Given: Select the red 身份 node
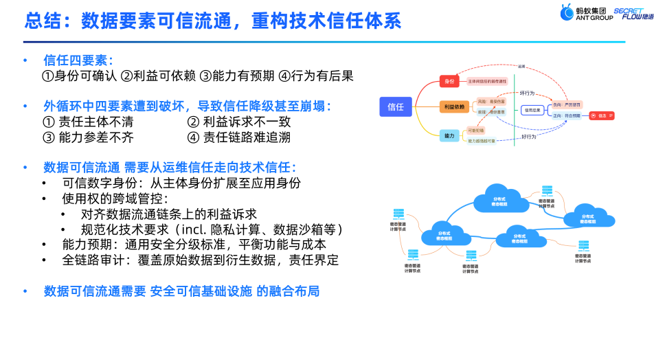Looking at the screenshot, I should click(450, 82).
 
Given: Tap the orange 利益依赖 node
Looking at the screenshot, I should click(453, 106).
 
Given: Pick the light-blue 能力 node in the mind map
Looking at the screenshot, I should click(450, 136).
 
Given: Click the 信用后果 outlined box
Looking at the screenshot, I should click(533, 110).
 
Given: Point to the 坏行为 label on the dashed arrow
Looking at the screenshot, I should click(528, 92).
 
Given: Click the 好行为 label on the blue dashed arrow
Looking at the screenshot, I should click(528, 137).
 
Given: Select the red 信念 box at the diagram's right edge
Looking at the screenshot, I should click(601, 115).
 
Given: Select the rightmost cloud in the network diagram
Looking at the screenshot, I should click(587, 214).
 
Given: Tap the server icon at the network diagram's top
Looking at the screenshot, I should click(547, 192).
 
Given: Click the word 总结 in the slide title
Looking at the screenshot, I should click(43, 20).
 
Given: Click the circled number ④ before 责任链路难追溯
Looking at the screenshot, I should click(193, 137).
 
